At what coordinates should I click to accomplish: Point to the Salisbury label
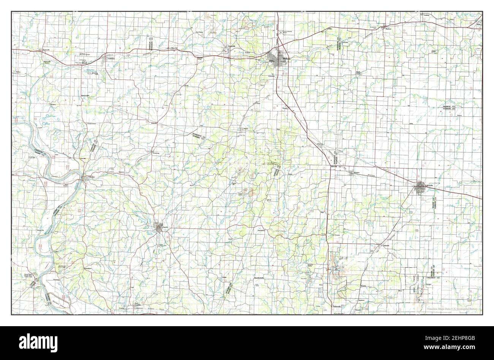(x=111, y=59)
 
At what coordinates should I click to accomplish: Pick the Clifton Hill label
(x=174, y=48)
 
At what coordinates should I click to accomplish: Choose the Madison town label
(x=388, y=29)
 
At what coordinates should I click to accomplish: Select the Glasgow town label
(x=91, y=177)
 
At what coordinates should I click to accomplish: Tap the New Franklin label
(x=139, y=304)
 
